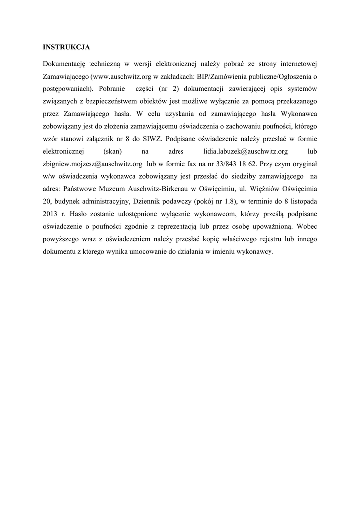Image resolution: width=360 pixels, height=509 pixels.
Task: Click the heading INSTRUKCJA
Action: point(66,47)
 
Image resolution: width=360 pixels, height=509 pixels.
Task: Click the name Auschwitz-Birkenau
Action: point(157,189)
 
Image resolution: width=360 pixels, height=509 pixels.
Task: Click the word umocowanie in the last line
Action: point(149,252)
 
